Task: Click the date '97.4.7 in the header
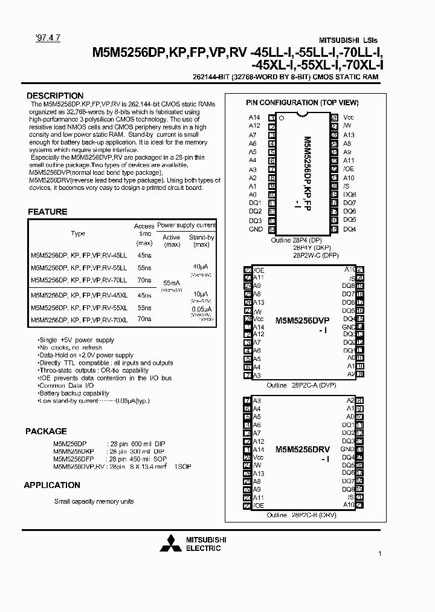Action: pyautogui.click(x=39, y=37)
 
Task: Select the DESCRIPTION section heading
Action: pyautogui.click(x=55, y=96)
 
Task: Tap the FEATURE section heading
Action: pyautogui.click(x=48, y=212)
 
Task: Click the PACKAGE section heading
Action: pyautogui.click(x=46, y=431)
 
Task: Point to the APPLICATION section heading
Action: pyautogui.click(x=52, y=485)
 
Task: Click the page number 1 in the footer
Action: pyautogui.click(x=379, y=553)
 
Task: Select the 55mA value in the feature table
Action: pyautogui.click(x=172, y=283)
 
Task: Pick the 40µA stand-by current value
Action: pyautogui.click(x=201, y=266)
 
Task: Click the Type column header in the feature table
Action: pyautogui.click(x=78, y=233)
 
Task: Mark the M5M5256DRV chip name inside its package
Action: pyautogui.click(x=302, y=450)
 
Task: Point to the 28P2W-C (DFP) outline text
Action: pyautogui.click(x=316, y=255)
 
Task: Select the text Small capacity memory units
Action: pyautogui.click(x=94, y=501)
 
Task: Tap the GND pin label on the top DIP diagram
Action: pyautogui.click(x=256, y=229)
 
